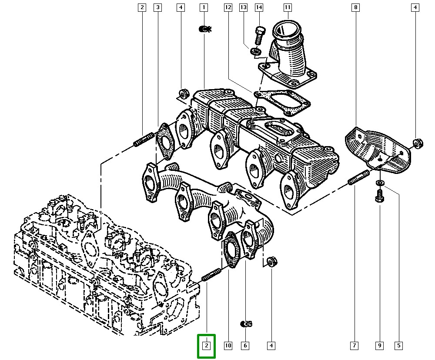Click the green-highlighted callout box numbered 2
[207, 346]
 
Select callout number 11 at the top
[287, 7]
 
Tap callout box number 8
[356, 7]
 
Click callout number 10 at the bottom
[228, 346]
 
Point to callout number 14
[259, 7]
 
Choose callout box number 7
[354, 346]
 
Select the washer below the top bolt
[256, 52]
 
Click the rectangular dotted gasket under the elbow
[283, 101]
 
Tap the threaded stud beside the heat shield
[358, 178]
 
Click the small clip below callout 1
[204, 30]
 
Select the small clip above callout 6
[247, 323]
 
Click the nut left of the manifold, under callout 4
[184, 93]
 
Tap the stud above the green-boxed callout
[212, 275]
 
